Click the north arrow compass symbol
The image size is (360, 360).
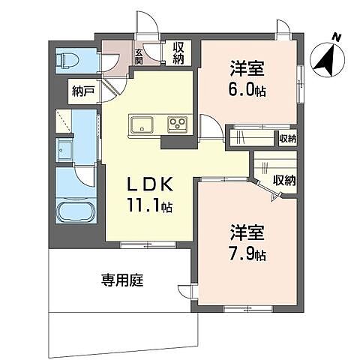[324, 59]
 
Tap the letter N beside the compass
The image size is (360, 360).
[337, 36]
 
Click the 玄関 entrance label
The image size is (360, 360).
[139, 55]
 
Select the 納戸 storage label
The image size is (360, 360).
[82, 91]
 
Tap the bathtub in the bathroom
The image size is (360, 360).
[75, 213]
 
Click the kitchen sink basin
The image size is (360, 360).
[142, 124]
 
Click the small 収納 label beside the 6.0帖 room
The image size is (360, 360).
[287, 138]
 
